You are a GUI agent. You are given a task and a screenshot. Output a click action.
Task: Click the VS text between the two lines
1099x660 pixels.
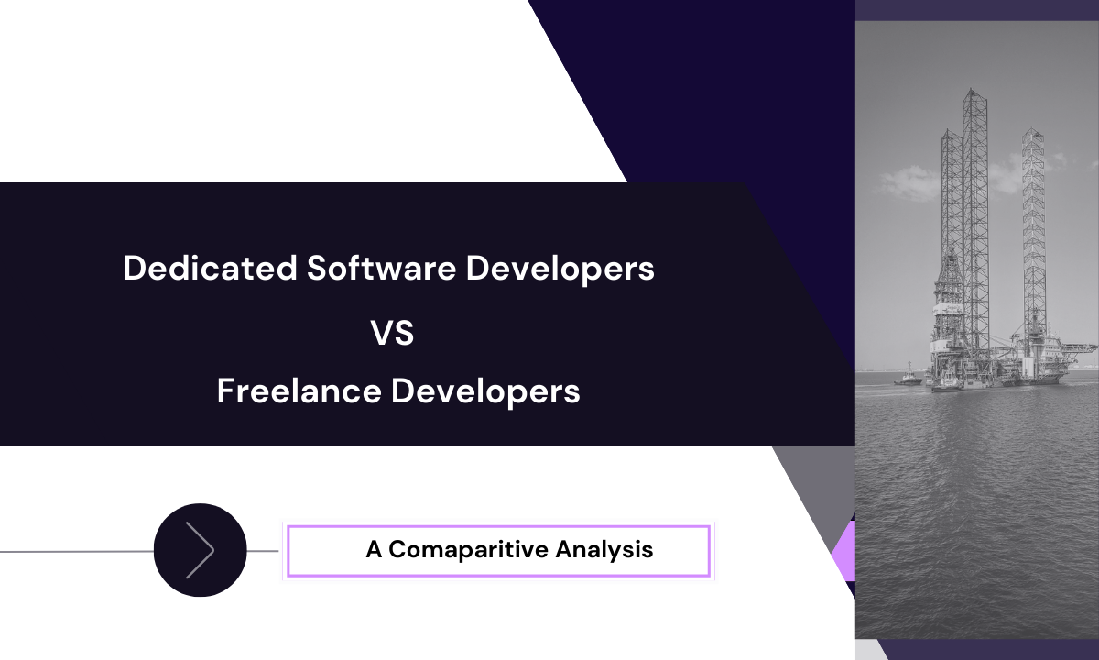tap(393, 333)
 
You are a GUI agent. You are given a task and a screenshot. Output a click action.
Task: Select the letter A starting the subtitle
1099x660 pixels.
tap(373, 549)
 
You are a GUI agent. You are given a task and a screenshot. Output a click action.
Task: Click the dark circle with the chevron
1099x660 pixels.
tap(200, 550)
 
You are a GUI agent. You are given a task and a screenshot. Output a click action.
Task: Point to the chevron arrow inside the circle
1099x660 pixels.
tap(201, 550)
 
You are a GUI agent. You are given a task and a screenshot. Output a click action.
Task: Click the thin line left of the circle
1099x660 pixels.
tap(73, 552)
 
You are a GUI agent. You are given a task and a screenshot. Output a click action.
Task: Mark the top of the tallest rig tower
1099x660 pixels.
tap(974, 92)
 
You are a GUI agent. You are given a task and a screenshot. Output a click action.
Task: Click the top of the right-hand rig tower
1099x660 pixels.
tap(1034, 132)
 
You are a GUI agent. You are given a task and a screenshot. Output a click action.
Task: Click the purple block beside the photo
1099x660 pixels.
tap(843, 550)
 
